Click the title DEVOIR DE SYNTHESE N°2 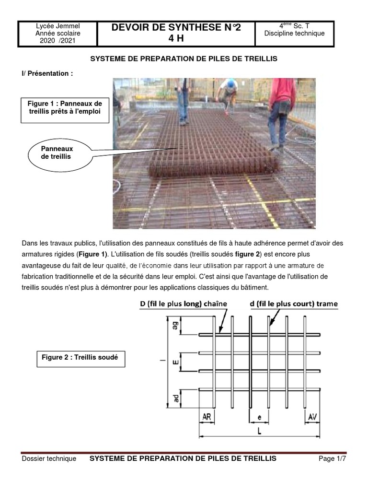[x=176, y=28]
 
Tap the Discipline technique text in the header [x=294, y=34]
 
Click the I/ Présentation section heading [x=47, y=73]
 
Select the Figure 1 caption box [x=65, y=110]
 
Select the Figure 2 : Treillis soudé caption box [x=81, y=358]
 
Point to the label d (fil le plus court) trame [x=294, y=304]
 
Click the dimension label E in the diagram [x=175, y=361]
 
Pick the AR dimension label [x=207, y=417]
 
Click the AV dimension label [x=312, y=417]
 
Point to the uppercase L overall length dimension [x=259, y=431]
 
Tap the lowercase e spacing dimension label [x=259, y=418]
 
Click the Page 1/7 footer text [x=332, y=459]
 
